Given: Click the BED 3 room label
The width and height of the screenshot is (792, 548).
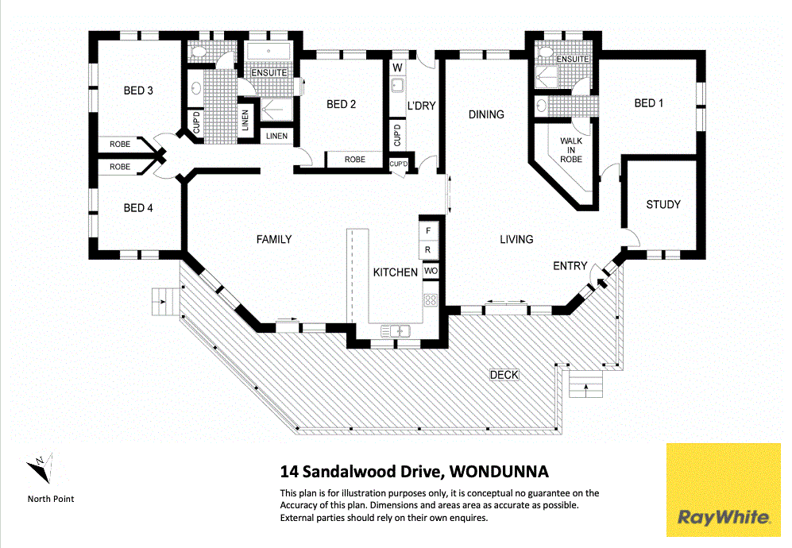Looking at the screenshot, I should (x=138, y=91).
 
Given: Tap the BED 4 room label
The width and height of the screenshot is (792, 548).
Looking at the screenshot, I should (x=138, y=208).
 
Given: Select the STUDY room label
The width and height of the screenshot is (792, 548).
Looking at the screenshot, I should (x=663, y=204).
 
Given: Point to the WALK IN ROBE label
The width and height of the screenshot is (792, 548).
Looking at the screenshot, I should (x=571, y=150).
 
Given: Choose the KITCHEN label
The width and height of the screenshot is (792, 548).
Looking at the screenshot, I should (x=395, y=272).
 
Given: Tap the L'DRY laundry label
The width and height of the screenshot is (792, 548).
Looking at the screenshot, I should (x=421, y=106).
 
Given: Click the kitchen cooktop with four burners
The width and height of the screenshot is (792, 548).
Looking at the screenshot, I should (x=431, y=300).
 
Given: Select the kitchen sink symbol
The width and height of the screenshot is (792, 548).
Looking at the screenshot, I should (x=395, y=331).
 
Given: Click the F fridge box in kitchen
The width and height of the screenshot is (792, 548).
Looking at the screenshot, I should (x=429, y=230).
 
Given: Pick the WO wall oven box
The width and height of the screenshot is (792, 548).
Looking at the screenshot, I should (x=431, y=272).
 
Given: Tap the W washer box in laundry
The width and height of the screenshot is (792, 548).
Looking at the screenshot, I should (x=397, y=67).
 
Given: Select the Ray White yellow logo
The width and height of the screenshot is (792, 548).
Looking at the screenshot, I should (x=723, y=489).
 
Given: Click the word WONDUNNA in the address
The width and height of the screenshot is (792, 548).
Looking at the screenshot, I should (x=500, y=472).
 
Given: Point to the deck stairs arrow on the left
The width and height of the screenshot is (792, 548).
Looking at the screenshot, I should (x=163, y=301).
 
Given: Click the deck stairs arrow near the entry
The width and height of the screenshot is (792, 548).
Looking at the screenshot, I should (x=586, y=388).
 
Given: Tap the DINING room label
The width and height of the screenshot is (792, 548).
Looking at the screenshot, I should (x=485, y=114).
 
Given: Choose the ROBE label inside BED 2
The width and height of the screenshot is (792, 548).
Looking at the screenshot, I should (x=355, y=160).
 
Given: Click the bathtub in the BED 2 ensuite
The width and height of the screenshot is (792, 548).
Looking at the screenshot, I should (x=269, y=52).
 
